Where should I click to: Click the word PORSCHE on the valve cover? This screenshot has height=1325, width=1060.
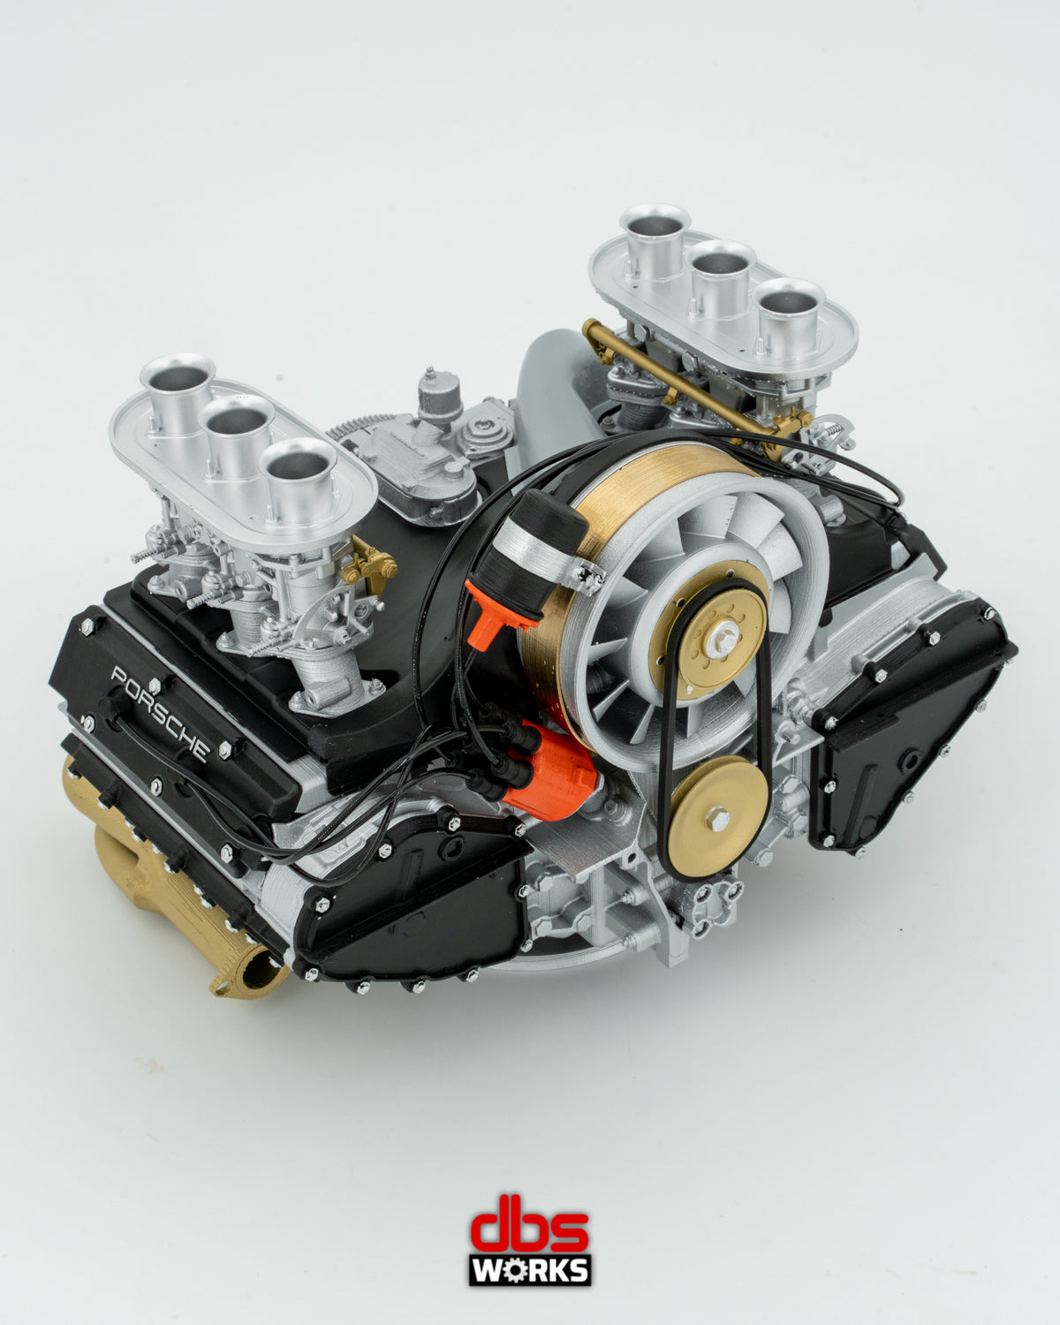pos(160,713)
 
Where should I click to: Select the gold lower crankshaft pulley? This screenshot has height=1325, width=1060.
pos(718,817)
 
